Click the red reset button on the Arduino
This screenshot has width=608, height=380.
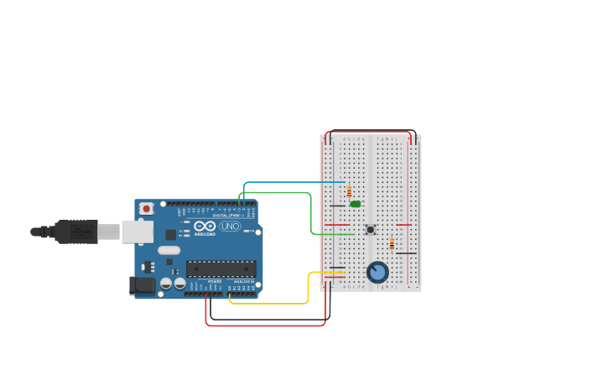click(x=147, y=208)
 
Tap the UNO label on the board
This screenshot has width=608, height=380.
click(x=230, y=226)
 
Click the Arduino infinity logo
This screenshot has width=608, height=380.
click(x=205, y=226)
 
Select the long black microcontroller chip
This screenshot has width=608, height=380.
click(x=221, y=268)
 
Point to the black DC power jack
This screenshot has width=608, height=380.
click(x=143, y=285)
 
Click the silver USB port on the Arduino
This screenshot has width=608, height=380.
click(x=137, y=232)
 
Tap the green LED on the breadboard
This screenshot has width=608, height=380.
click(x=356, y=204)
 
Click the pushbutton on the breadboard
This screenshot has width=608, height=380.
click(x=370, y=230)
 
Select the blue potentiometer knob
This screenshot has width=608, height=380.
click(x=377, y=273)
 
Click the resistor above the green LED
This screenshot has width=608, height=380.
click(x=349, y=192)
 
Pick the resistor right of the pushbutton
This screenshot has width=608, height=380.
click(x=392, y=244)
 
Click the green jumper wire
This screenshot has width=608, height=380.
click(x=311, y=214)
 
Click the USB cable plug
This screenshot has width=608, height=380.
click(x=76, y=232)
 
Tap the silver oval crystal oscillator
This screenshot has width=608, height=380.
click(x=169, y=250)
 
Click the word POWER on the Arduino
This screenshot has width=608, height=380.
click(x=215, y=281)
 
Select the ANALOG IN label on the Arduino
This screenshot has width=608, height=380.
click(x=244, y=281)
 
